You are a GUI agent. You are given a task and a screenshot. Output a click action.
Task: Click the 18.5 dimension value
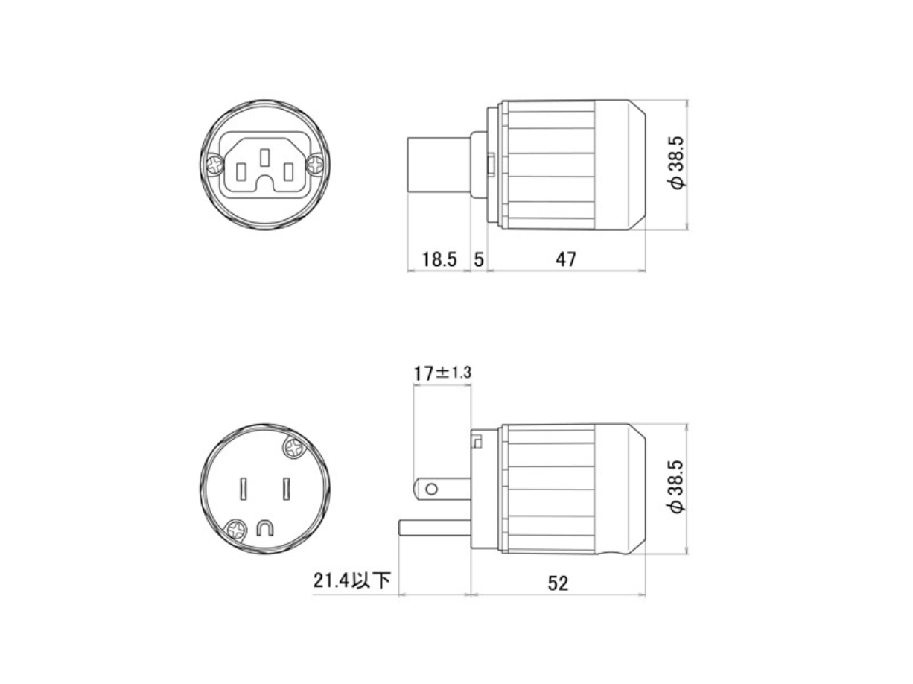coord(439,259)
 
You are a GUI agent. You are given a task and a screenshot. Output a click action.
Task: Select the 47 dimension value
coord(566,259)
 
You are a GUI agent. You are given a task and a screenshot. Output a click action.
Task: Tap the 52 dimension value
coord(557,583)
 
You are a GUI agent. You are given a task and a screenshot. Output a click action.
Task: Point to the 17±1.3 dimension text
coord(442,373)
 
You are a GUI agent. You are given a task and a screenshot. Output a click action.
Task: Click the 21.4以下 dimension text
coord(351,580)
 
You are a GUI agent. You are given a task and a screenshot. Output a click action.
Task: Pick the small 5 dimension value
coord(479,259)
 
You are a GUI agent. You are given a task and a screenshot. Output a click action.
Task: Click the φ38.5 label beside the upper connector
coord(677,162)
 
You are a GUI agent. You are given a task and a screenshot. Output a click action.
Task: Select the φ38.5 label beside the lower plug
coord(677,487)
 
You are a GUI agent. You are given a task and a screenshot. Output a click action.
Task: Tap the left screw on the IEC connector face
coord(215,165)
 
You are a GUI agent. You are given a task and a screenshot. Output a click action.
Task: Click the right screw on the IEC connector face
coord(315,164)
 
